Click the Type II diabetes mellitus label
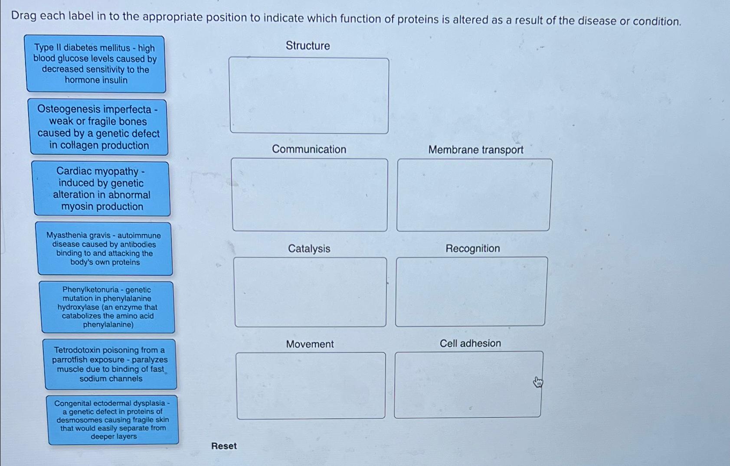point(95,64)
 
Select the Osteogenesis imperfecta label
point(98,127)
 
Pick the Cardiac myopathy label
point(101,189)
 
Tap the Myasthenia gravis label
point(104,249)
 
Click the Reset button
point(224,446)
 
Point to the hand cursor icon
point(538,382)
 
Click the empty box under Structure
point(309,95)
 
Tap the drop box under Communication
point(310,195)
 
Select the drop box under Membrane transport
point(474,195)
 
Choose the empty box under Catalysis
point(310,292)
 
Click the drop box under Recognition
point(471,291)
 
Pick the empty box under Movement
point(311,385)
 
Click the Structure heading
point(308,46)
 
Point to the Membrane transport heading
point(475,150)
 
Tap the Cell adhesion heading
point(470,343)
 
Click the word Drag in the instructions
point(24,16)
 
